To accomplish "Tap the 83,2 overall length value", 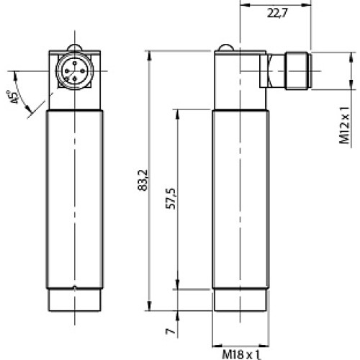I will (141, 184).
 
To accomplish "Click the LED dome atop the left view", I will (75, 49).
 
